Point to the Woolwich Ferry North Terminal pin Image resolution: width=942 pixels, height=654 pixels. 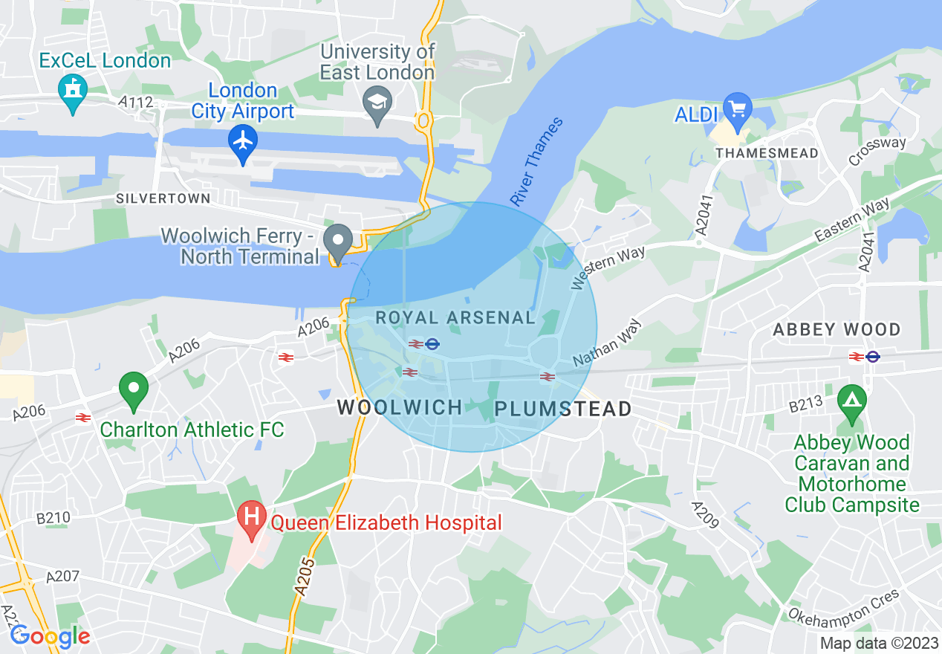tap(340, 241)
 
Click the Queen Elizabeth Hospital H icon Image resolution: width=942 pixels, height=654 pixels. tap(252, 517)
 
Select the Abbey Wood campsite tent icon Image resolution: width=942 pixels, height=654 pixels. tap(852, 401)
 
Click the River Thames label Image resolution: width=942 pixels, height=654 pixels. tap(536, 162)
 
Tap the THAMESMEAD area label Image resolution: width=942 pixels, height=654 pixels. tap(767, 153)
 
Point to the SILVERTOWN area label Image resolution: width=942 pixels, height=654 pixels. tap(163, 199)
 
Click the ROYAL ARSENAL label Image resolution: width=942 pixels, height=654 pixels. tap(455, 318)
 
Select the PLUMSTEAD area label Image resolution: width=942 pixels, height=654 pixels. tap(563, 409)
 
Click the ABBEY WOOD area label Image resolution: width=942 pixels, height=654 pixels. tap(837, 329)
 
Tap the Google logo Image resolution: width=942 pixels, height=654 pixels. tap(50, 636)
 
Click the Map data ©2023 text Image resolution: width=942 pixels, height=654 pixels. tap(878, 643)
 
